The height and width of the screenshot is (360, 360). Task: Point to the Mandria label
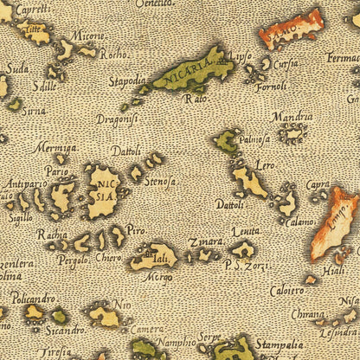point(292,116)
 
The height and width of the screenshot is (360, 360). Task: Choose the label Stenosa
point(161,182)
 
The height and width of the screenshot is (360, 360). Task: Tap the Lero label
point(265,164)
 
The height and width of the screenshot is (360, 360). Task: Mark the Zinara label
point(206,241)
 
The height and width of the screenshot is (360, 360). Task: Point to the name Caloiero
point(286,291)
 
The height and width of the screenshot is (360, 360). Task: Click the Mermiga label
point(55,147)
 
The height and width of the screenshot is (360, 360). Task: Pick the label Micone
point(87,35)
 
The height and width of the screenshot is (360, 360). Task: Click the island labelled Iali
point(156,256)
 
